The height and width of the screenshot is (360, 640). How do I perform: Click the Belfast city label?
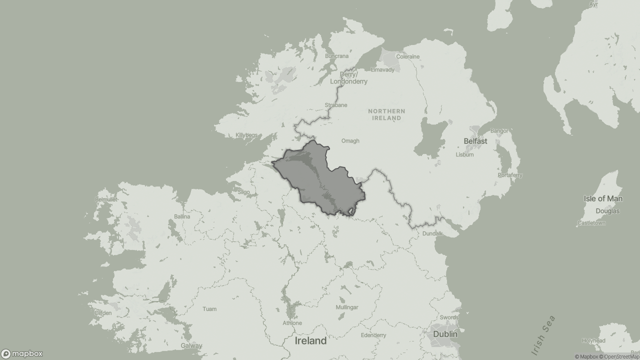[x=475, y=141]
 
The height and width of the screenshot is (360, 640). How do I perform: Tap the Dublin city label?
[x=445, y=334]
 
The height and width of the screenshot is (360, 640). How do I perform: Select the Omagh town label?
[x=350, y=141]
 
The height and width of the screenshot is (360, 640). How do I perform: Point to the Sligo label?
[x=243, y=192]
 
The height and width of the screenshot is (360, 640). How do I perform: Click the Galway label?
[x=191, y=345]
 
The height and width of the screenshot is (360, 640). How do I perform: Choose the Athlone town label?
[x=292, y=323]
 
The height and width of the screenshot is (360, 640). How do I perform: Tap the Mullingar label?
[x=346, y=307]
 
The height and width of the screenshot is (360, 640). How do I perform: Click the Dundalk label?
[x=432, y=233]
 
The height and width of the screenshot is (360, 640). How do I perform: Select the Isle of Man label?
[x=603, y=198]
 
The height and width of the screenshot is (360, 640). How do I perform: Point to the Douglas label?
[x=607, y=211]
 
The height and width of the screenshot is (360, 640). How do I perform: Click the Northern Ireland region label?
[x=386, y=114]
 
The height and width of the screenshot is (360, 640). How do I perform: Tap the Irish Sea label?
[x=543, y=335]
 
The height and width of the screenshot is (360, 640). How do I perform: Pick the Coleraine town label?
[x=407, y=56]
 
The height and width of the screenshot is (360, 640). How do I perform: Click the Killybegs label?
[x=246, y=135]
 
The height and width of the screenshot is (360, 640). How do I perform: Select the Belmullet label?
[x=106, y=199]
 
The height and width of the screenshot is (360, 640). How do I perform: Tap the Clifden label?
[x=103, y=313]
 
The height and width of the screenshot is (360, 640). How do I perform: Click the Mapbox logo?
[x=22, y=354]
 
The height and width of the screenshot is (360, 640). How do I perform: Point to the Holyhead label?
[x=593, y=340]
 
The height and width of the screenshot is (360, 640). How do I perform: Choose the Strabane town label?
[x=335, y=105]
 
